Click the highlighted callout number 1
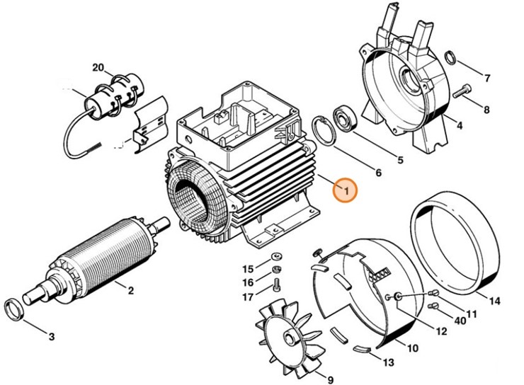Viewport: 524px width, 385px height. coord(345,190)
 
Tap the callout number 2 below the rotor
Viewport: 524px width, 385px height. coord(130,289)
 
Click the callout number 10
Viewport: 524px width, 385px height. coord(412,347)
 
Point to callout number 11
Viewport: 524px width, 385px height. coord(471,314)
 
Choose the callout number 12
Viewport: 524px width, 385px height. coord(440,331)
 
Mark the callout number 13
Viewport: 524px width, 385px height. coord(387,364)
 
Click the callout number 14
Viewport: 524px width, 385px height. coord(494,301)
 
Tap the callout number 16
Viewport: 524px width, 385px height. coord(247,282)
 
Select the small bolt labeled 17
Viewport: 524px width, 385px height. coord(276,286)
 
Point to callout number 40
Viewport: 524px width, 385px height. coord(459,321)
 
